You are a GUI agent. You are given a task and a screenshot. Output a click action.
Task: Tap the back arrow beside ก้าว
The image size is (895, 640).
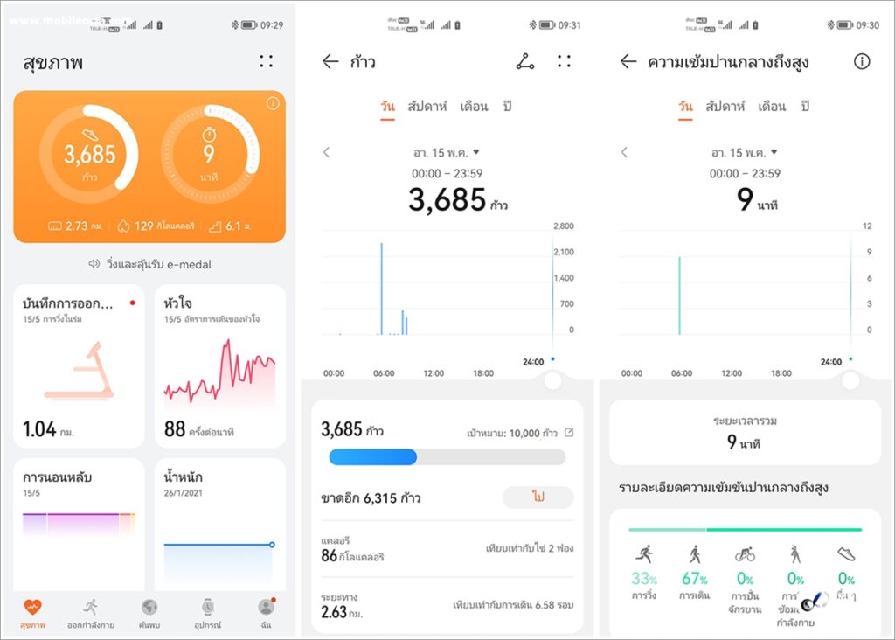coord(330,61)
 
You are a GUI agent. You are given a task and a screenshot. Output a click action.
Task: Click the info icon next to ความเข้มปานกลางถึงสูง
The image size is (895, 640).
coord(862,61)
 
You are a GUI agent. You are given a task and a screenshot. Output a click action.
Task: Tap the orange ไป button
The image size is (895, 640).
coord(538,497)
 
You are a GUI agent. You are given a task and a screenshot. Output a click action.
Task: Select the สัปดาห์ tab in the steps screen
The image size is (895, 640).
coord(427,107)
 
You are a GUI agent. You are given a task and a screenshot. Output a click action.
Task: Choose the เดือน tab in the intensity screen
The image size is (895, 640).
coord(772,107)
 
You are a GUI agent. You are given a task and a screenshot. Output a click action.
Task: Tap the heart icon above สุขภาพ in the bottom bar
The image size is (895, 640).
coord(32,606)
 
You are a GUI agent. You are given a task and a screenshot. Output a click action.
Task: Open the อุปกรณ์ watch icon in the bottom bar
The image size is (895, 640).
coord(207,606)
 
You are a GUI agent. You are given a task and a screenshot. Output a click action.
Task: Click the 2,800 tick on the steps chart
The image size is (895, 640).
coord(562,226)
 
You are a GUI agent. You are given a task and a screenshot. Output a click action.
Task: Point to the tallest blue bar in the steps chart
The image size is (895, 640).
coord(381,289)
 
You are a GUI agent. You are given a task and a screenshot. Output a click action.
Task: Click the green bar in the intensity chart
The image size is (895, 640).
coord(679,295)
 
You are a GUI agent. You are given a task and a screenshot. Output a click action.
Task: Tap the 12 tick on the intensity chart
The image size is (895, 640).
coord(868,226)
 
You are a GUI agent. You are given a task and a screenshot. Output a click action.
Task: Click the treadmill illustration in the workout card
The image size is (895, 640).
coord(80,371)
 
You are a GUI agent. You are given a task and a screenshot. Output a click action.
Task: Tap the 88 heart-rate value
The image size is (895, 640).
coord(175,429)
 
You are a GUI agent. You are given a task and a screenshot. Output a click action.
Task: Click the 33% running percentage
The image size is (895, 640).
coord(644,579)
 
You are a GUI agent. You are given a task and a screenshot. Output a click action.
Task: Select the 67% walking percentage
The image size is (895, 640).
coord(695,579)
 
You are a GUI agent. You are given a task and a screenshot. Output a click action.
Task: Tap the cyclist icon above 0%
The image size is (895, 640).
coord(745,554)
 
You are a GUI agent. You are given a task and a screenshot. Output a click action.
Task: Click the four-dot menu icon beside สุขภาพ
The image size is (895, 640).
coord(266,61)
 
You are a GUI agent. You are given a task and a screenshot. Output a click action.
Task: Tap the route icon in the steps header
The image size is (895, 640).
coord(524,61)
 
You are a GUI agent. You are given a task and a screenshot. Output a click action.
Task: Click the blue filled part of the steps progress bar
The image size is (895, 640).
coord(372,457)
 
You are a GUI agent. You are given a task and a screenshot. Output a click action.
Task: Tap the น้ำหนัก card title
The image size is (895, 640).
coord(184,477)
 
